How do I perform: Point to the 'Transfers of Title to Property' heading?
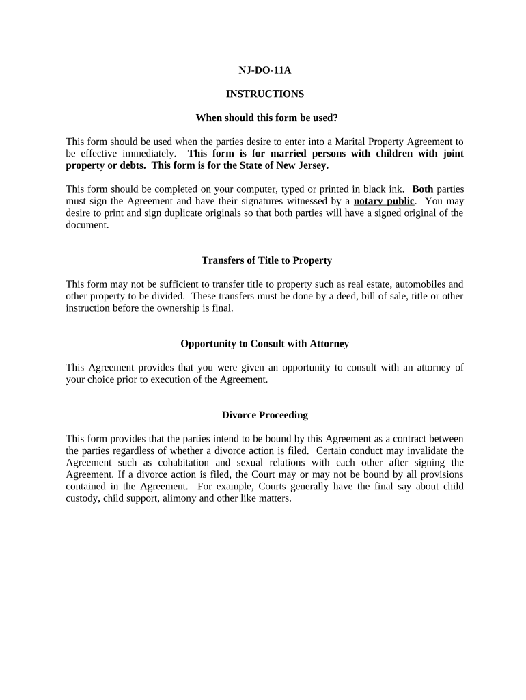tap(266, 260)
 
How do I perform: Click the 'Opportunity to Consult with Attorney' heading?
tap(264, 344)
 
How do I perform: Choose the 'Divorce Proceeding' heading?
tap(264, 415)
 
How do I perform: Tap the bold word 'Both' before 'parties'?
tap(423, 189)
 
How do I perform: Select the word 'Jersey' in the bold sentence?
tap(311, 165)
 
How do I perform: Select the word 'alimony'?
tap(199, 498)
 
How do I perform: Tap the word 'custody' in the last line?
tap(83, 498)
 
